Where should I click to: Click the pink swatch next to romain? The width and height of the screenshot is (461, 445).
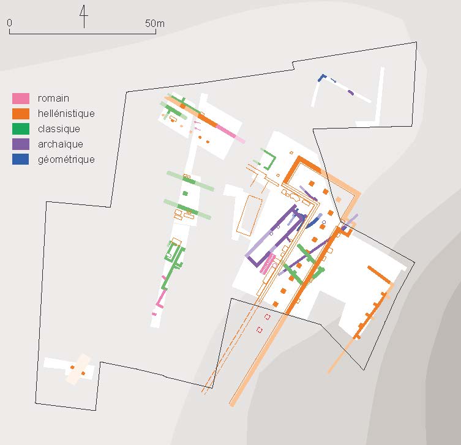click(x=21, y=98)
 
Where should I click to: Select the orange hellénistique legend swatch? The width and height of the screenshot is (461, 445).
click(x=21, y=114)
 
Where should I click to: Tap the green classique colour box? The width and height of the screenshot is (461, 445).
click(x=21, y=129)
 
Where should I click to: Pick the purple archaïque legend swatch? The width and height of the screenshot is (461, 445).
click(x=21, y=144)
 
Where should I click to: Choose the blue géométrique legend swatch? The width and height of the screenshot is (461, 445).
click(x=21, y=160)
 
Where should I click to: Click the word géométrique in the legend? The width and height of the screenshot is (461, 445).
click(x=66, y=160)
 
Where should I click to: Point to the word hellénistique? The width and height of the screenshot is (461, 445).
click(x=66, y=114)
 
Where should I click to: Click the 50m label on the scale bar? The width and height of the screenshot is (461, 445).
click(x=155, y=23)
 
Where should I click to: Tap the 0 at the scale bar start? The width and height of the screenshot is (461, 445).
click(x=10, y=23)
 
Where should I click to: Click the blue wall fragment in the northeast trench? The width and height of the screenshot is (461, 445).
click(x=321, y=78)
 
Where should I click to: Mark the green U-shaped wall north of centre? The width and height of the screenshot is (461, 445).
click(x=268, y=160)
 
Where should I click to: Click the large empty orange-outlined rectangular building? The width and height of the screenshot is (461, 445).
click(x=250, y=215)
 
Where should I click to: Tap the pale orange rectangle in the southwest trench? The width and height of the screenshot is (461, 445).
click(x=78, y=370)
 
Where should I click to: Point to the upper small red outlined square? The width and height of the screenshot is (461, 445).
click(x=268, y=316)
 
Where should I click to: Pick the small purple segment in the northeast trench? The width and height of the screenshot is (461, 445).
click(x=351, y=92)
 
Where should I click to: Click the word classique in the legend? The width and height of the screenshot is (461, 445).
click(x=59, y=129)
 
